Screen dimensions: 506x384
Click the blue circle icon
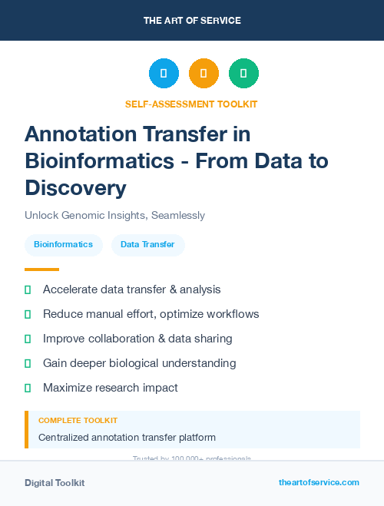point(164,73)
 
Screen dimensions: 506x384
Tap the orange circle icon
point(204,73)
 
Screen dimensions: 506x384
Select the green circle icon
point(243,73)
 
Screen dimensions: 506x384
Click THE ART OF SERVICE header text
point(192,21)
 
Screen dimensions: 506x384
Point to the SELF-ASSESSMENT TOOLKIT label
point(191,104)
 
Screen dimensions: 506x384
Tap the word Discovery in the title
point(75,187)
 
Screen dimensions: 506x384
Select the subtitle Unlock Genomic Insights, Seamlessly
point(114,216)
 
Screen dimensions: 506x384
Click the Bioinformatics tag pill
point(63,245)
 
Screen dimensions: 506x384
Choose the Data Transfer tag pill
point(147,245)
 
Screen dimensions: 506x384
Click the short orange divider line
point(41,270)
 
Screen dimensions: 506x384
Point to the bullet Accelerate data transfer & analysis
point(131,289)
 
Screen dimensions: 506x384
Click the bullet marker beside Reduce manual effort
point(28,314)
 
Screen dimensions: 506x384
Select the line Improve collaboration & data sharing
point(137,339)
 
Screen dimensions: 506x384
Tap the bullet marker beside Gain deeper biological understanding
point(28,363)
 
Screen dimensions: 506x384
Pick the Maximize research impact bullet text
point(110,388)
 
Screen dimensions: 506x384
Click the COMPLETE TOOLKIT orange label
point(78,421)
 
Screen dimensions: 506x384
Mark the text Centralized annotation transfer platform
point(127,438)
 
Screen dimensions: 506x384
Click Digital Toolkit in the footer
point(55,483)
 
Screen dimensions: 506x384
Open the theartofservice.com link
point(319,482)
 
